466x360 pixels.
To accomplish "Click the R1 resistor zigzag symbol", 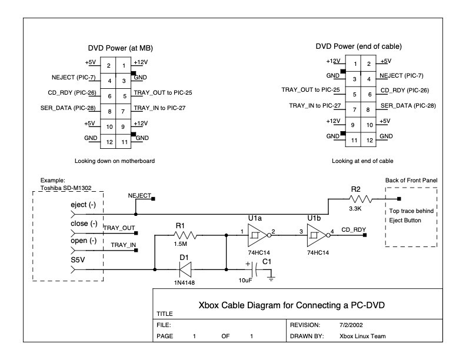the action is [185, 235].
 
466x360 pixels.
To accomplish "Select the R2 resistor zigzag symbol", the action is [361, 199].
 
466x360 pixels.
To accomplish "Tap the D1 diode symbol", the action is [185, 269].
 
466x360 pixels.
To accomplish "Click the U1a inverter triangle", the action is [257, 235].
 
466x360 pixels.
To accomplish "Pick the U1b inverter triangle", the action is [317, 235].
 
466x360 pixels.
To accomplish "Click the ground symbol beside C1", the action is [271, 279].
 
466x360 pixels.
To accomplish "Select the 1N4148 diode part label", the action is [185, 283].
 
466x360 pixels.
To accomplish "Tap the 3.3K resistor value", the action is [355, 208].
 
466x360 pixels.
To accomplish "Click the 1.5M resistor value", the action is [181, 244].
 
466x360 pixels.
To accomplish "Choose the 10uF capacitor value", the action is [245, 281].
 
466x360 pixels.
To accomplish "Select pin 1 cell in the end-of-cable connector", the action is [353, 64].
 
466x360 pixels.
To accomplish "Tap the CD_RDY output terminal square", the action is [365, 235].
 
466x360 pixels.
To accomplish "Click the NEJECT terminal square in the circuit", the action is [154, 199].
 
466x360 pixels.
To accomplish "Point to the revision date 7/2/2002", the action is [351, 325].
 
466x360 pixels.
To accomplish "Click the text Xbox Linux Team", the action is [362, 336].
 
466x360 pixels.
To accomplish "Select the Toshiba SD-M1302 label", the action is [66, 188].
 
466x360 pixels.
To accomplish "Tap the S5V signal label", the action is [78, 260].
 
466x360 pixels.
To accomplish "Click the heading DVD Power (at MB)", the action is [121, 48].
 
